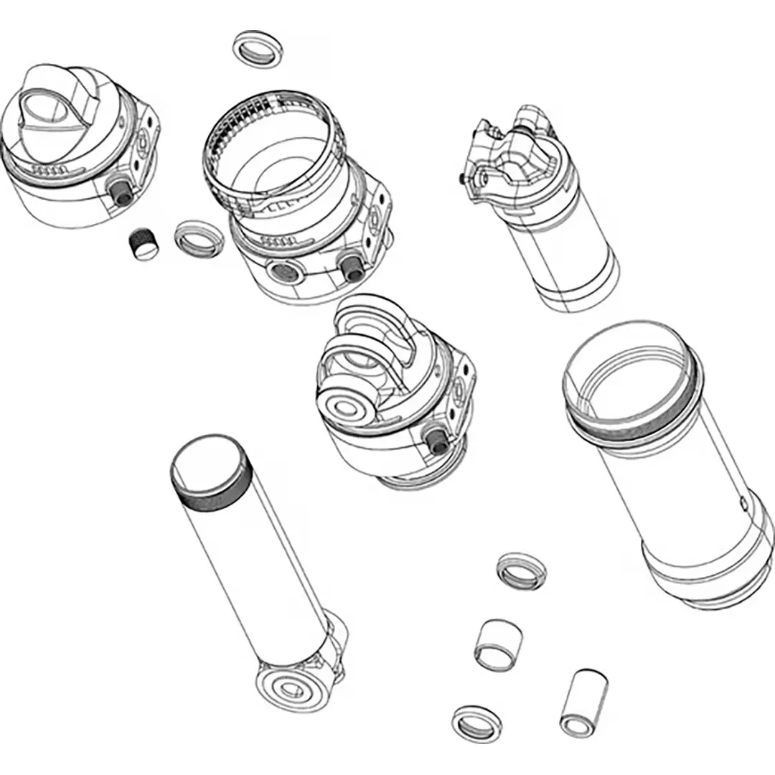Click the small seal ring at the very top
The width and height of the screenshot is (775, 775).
click(x=258, y=49)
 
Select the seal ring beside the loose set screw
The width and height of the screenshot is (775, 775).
click(x=198, y=238)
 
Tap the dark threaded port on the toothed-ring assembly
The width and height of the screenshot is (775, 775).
click(x=351, y=266)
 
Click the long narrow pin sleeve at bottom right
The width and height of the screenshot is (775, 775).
click(x=583, y=703)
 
